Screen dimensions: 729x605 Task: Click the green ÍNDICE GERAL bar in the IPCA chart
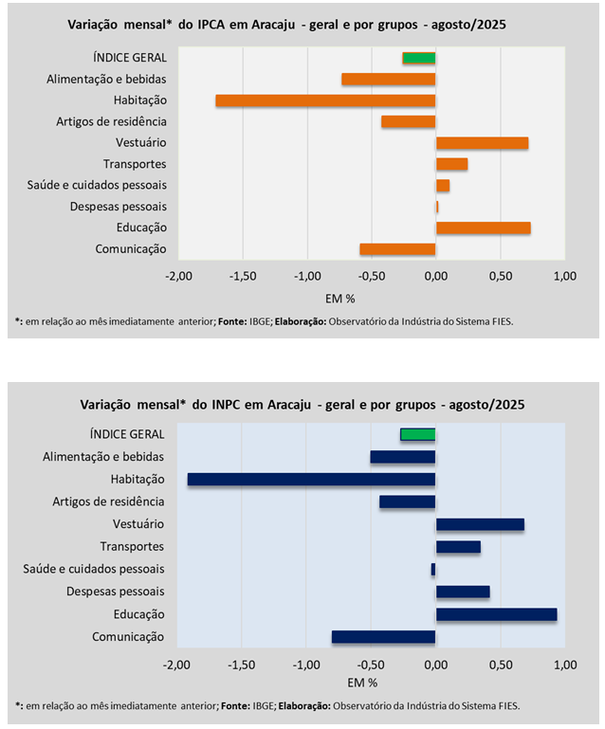(x=419, y=58)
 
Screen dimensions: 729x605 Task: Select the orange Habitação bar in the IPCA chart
(x=325, y=100)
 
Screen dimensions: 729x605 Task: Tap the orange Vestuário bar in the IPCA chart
(x=482, y=143)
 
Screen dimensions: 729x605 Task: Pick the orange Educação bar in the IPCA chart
(x=483, y=228)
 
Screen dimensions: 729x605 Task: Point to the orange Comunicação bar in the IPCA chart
(x=397, y=249)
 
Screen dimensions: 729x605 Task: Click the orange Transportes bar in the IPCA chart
(x=451, y=164)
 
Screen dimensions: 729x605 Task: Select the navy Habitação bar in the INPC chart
(x=311, y=480)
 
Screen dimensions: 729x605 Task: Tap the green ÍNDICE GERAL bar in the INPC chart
(x=417, y=434)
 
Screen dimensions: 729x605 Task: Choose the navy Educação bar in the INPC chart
(x=496, y=614)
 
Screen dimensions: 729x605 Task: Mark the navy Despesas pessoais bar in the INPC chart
(x=463, y=592)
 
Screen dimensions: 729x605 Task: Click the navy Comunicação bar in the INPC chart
(x=383, y=637)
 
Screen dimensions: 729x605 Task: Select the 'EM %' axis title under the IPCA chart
(x=340, y=298)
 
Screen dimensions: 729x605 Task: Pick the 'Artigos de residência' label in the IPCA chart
(x=111, y=121)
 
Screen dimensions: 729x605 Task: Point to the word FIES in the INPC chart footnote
(x=506, y=706)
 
